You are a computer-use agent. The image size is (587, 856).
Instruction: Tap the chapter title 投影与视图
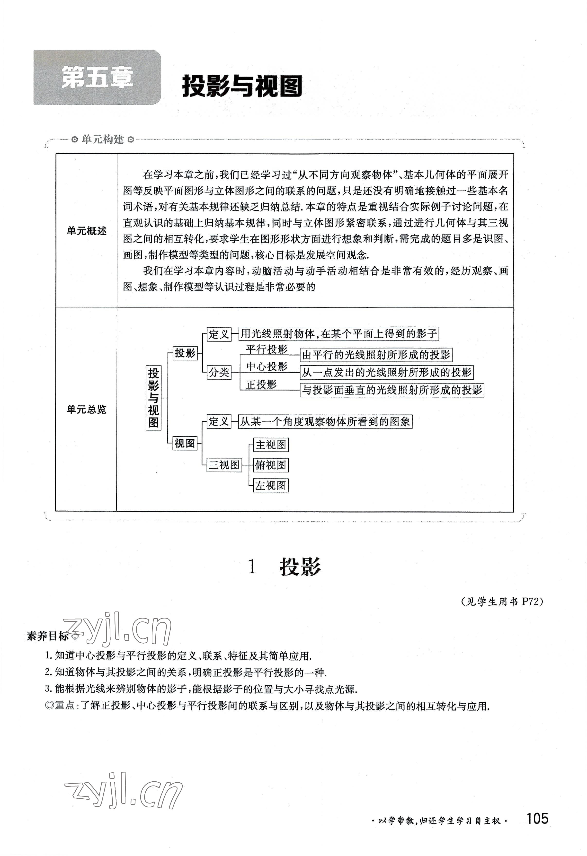pos(242,86)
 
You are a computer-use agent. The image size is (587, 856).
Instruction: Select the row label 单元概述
pos(87,231)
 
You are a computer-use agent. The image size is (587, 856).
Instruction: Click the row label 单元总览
pos(87,409)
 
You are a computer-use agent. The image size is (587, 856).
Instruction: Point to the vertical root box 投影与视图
pos(153,398)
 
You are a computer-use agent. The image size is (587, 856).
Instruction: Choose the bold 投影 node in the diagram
pos(185,353)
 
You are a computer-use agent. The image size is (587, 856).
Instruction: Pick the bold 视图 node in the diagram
pos(185,443)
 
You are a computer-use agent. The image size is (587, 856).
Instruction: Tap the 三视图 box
pos(224,465)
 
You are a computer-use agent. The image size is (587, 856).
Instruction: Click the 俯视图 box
pos(271,465)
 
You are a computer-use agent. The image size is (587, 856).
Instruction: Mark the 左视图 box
pos(271,485)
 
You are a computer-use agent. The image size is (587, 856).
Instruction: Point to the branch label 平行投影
pos(267,349)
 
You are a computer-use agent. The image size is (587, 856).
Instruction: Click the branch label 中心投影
pos(267,366)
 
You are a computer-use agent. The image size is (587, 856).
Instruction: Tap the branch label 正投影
pos(261,384)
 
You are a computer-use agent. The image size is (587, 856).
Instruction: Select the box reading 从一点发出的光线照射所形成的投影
pos(387,372)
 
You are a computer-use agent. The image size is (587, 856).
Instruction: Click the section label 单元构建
pos(103,139)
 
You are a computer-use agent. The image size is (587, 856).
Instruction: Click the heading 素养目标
pos(48,636)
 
